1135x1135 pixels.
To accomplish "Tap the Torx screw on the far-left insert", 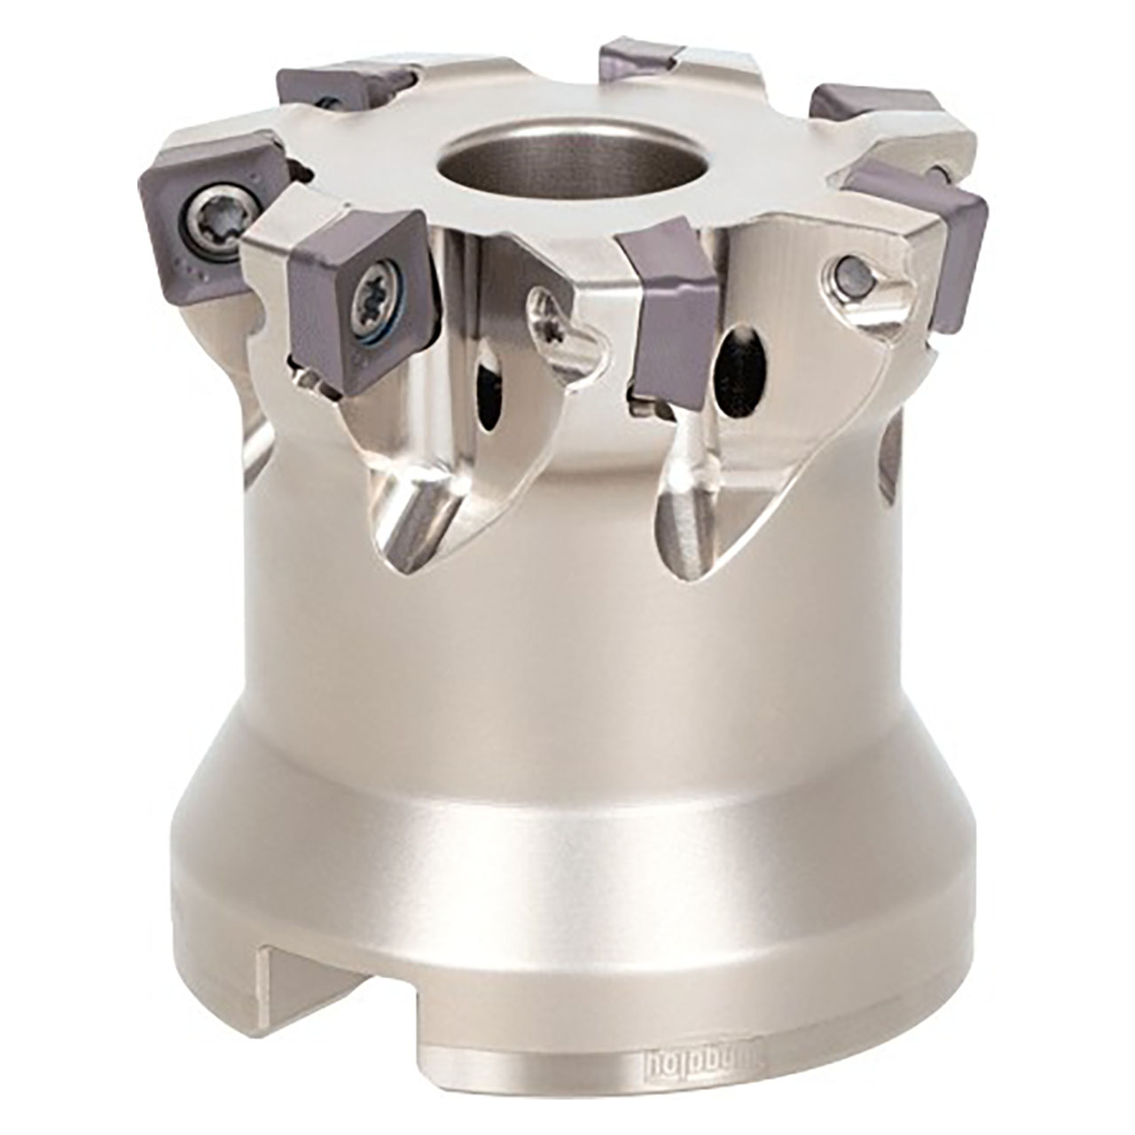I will [x=216, y=213].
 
